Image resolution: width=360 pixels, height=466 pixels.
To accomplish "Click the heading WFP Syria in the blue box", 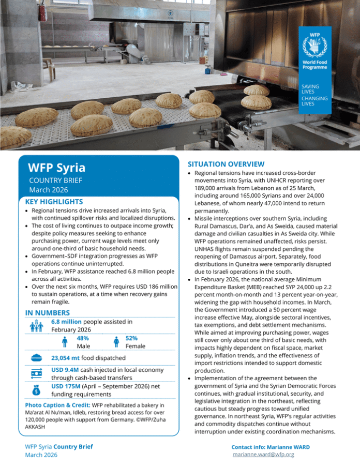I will click(x=56, y=168).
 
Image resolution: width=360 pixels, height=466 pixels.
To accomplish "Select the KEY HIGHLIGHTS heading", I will click(x=54, y=201).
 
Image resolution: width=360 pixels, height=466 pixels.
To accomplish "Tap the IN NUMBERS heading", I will click(x=47, y=312).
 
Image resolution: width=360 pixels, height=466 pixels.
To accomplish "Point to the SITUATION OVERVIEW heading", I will click(x=226, y=164).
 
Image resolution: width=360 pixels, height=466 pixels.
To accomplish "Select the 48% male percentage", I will click(x=83, y=338).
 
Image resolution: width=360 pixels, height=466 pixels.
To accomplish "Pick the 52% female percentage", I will click(x=131, y=338).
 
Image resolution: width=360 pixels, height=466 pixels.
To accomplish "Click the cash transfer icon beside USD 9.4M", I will click(x=37, y=373).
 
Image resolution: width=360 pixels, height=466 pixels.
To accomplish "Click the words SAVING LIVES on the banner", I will click(x=310, y=89).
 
